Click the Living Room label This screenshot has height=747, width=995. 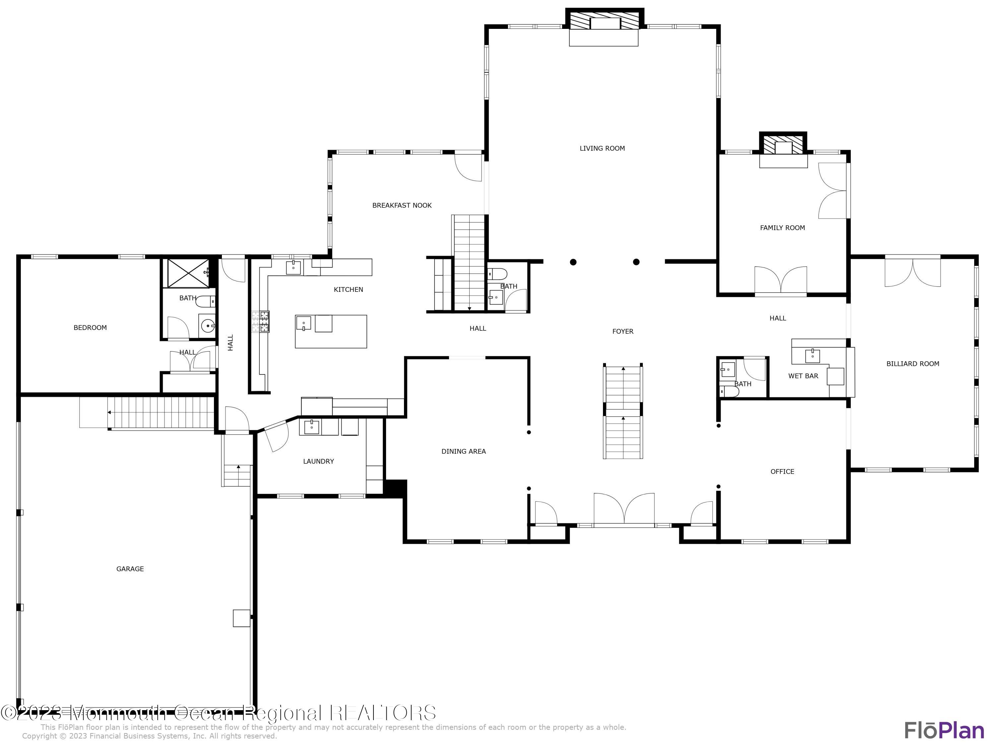(602, 148)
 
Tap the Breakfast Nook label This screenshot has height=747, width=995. (402, 205)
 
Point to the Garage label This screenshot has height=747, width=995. (130, 569)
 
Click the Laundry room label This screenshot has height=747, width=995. (318, 461)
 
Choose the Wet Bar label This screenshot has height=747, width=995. (803, 376)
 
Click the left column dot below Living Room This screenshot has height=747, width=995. (573, 262)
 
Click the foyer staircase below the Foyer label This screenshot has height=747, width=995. (623, 412)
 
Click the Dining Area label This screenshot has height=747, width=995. (463, 451)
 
